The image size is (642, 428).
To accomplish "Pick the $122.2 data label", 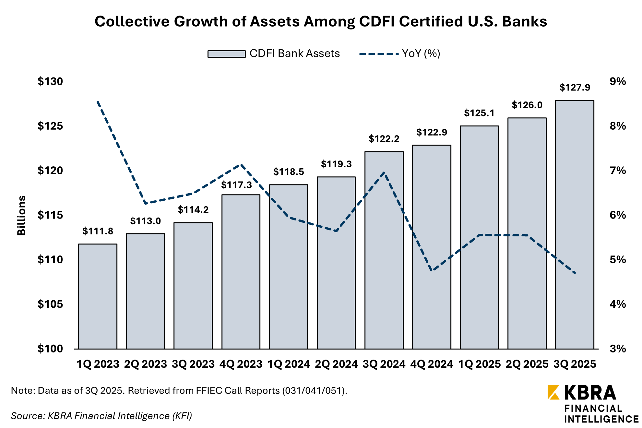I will click(x=384, y=139).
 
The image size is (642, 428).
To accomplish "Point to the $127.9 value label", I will click(x=575, y=88).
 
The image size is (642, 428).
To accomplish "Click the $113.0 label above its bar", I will click(x=145, y=221).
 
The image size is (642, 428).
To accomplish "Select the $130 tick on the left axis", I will click(x=50, y=81).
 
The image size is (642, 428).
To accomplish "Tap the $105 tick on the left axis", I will click(x=50, y=304).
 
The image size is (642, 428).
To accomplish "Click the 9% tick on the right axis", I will click(x=617, y=81).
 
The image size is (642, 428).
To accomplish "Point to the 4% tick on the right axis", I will click(x=617, y=304).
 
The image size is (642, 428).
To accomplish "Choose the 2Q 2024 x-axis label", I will click(x=336, y=364).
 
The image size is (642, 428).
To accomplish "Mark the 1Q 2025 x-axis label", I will click(x=479, y=364).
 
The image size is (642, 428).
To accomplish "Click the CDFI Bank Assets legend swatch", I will click(x=226, y=54).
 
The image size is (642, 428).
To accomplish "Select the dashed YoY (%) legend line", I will click(x=379, y=54).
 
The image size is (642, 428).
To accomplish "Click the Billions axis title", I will click(x=21, y=215).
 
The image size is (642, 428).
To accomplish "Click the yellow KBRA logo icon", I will click(x=553, y=392).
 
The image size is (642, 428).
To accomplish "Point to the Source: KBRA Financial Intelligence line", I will click(x=101, y=416).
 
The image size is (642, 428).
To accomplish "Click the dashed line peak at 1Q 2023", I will click(x=98, y=101).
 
